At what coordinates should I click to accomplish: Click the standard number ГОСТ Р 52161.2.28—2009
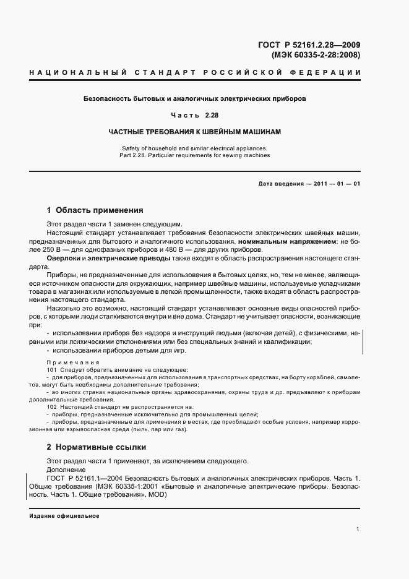[309, 45]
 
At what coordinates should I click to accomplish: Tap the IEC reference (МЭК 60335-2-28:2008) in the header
[316, 54]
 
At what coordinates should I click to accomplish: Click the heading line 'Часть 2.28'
[195, 115]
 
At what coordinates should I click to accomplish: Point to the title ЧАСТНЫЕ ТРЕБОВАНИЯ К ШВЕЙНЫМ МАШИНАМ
[195, 132]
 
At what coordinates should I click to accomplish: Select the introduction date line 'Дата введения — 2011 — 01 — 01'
[309, 184]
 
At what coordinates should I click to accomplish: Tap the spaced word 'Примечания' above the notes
[68, 362]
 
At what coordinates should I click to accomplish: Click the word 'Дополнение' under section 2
[66, 470]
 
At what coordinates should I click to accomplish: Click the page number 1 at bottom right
[358, 528]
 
